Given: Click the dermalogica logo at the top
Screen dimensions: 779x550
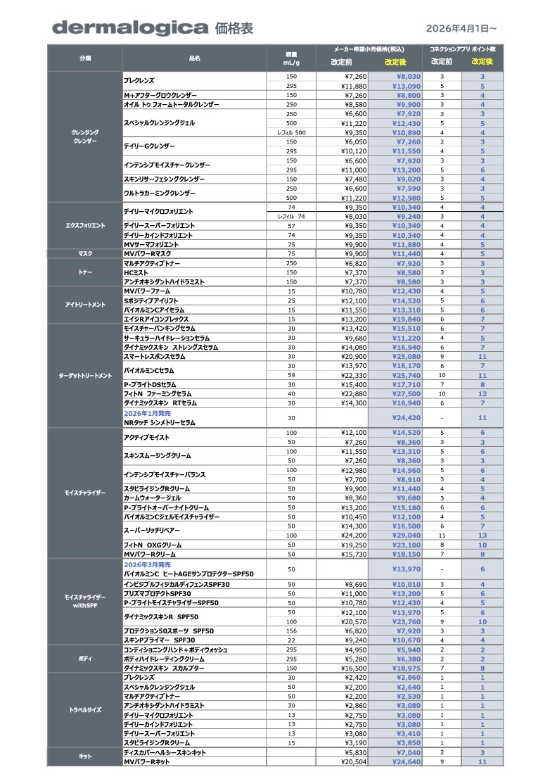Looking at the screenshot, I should pos(130,28).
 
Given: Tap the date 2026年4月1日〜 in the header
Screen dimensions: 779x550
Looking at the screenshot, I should pos(461,28).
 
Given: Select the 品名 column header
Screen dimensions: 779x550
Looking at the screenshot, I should pos(195,58).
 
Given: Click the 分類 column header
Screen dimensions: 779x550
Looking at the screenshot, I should pos(85,58).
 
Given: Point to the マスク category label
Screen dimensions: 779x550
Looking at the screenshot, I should pos(85,253).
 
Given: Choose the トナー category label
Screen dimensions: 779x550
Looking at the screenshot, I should pos(85,272).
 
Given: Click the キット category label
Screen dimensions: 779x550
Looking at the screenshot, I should pos(85,756).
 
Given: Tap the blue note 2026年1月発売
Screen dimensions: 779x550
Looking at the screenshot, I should pos(147,414).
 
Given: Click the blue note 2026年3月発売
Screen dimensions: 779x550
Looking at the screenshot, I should pos(147,564).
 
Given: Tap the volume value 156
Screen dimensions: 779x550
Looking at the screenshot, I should pos(291,631).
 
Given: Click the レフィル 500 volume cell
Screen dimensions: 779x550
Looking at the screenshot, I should pos(290,132).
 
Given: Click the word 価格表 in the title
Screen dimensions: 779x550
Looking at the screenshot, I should pos(234,28).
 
